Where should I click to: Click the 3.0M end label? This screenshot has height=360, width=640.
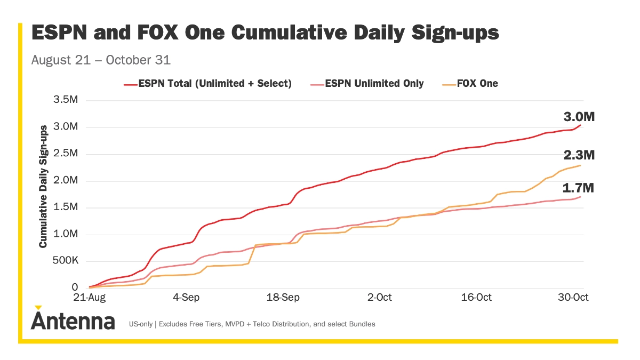(579, 117)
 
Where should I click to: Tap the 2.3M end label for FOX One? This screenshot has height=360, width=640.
(579, 155)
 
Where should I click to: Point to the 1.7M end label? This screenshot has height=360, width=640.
(579, 188)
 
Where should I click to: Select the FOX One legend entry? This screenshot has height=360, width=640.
(470, 83)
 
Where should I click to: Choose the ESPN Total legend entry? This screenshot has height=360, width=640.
(208, 83)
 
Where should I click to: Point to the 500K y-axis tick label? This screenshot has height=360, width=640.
(65, 261)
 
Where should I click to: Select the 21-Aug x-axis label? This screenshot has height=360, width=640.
(89, 297)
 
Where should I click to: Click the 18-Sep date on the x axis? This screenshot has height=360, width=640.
(282, 297)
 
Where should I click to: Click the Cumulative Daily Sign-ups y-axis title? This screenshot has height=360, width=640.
(44, 186)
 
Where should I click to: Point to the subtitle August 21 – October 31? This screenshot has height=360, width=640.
(101, 60)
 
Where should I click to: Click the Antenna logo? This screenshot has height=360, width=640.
(73, 321)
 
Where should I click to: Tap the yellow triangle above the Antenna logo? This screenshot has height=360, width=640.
(38, 307)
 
